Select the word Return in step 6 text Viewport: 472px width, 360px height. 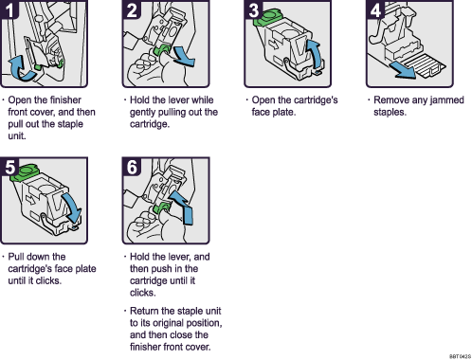point(144,311)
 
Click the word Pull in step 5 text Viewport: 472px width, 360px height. point(19,257)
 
